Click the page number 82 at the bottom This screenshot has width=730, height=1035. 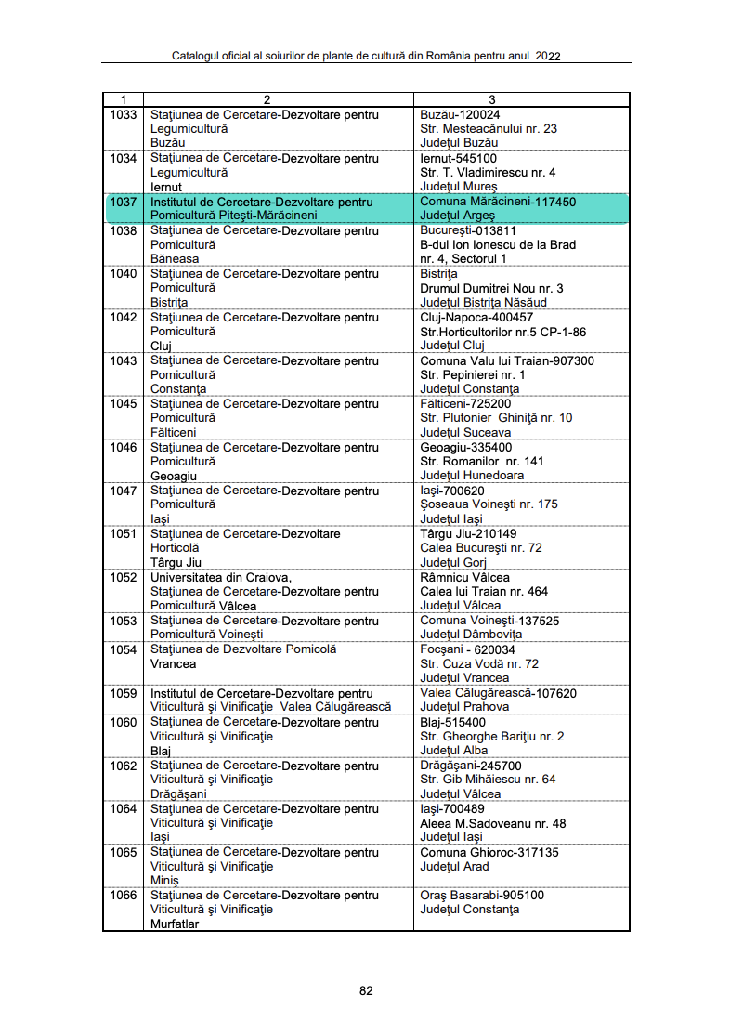tap(366, 990)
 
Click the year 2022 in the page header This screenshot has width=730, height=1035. tap(548, 56)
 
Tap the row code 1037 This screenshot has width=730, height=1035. tap(123, 202)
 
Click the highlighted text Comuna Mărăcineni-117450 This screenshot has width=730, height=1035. tap(498, 202)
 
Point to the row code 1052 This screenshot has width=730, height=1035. tap(123, 577)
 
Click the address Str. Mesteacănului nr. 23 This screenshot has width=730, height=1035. tap(489, 129)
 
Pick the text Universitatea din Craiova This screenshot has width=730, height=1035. tap(221, 577)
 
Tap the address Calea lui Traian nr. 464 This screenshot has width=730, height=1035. tap(484, 592)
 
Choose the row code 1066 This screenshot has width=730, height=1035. tap(123, 895)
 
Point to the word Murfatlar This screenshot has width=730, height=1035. tap(175, 924)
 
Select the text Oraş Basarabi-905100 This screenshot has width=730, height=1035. tap(482, 895)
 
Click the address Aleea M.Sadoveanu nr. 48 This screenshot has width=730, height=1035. tap(493, 823)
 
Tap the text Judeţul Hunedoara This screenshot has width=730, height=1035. tap(472, 476)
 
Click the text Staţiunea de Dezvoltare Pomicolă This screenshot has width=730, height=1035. tap(243, 649)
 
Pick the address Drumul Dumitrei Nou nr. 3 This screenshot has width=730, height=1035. tap(491, 288)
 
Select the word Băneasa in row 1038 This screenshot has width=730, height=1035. tap(174, 259)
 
